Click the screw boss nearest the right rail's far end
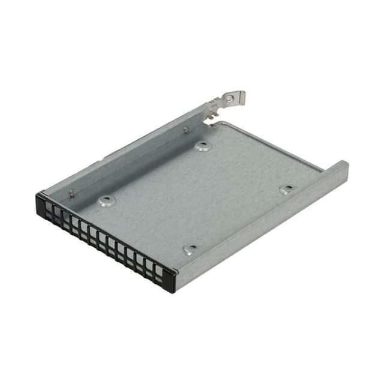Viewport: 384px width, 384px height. [287, 189]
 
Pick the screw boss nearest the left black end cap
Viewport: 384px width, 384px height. [106, 201]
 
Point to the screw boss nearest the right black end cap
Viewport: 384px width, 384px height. [190, 248]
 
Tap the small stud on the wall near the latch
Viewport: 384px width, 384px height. [185, 129]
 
